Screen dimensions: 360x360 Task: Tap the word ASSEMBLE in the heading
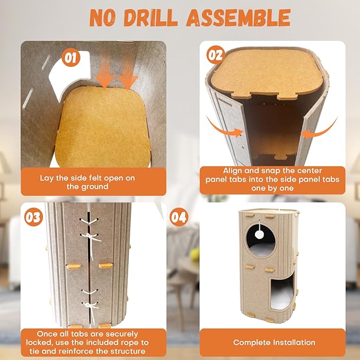pyautogui.click(x=238, y=18)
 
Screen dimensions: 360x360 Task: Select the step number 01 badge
pyautogui.click(x=71, y=57)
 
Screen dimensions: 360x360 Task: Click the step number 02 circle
pyautogui.click(x=216, y=55)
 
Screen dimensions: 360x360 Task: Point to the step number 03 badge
pyautogui.click(x=33, y=217)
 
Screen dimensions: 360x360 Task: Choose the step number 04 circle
pyautogui.click(x=179, y=217)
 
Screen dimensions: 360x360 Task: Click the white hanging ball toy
pyautogui.click(x=259, y=234)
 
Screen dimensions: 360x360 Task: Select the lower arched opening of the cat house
pyautogui.click(x=282, y=292)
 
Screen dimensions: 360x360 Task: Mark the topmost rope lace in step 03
pyautogui.click(x=89, y=222)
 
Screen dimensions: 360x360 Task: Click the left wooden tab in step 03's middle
pyautogui.click(x=74, y=267)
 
